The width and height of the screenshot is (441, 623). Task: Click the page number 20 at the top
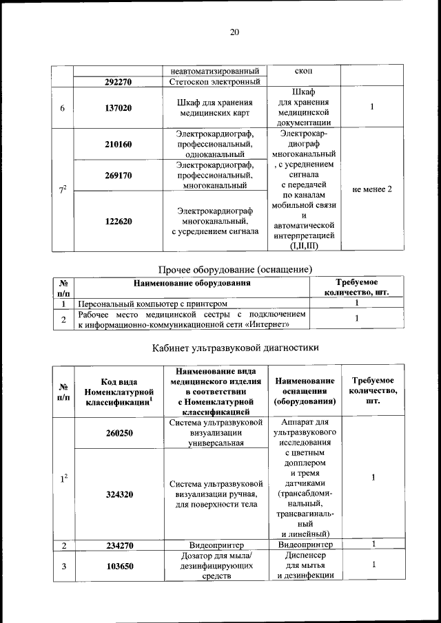(234, 32)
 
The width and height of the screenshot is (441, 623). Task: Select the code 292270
(119, 83)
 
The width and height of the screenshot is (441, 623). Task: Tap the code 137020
(119, 108)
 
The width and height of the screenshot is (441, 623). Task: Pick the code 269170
(119, 176)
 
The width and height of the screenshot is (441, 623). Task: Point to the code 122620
(119, 222)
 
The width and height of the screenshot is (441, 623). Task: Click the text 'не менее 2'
(372, 189)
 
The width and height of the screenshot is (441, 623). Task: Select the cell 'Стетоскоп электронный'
(214, 83)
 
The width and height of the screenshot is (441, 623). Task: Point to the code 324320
(119, 494)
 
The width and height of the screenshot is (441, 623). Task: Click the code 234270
(119, 545)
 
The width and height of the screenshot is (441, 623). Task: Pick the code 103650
(119, 566)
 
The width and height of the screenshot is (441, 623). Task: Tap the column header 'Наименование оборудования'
(193, 282)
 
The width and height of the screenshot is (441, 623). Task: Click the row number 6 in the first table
(62, 108)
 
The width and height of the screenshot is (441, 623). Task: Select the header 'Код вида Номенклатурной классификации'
(119, 392)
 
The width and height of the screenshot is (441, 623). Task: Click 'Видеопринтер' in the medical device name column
(214, 545)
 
